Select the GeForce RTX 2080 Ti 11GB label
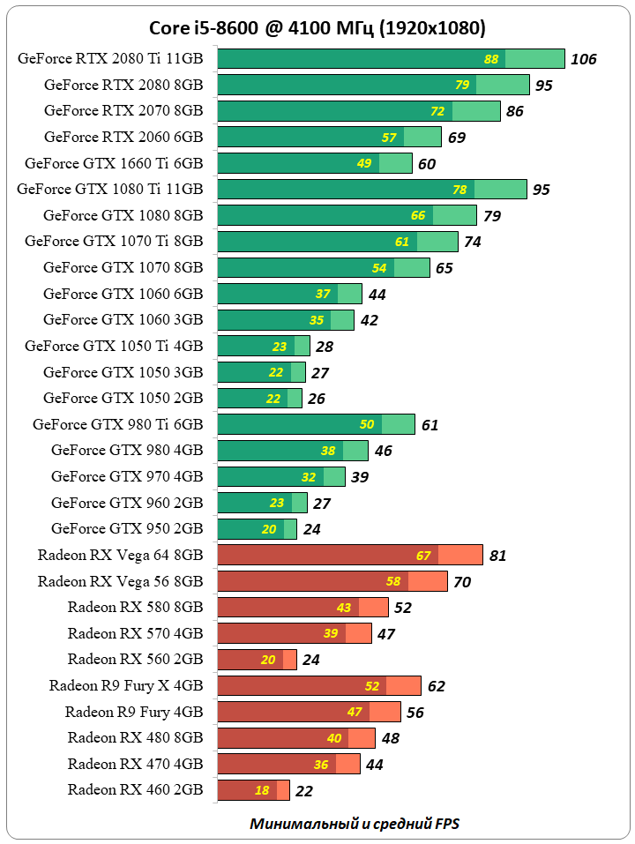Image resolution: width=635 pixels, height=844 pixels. point(109,59)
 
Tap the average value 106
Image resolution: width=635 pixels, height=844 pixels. point(584,60)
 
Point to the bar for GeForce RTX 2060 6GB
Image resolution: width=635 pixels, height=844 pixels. point(328,137)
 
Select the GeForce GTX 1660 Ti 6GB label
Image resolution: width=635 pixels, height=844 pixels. point(114,163)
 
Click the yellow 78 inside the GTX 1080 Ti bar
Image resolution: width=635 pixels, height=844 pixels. point(459,190)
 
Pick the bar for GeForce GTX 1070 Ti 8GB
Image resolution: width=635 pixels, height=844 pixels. point(337,242)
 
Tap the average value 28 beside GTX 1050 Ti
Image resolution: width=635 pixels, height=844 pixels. point(325,347)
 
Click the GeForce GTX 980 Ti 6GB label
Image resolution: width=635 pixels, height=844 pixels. point(117,424)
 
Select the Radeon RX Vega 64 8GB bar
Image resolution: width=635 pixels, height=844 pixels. point(349,555)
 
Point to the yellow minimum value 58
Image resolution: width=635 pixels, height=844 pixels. point(393,581)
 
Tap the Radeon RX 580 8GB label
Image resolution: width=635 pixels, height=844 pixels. point(135,607)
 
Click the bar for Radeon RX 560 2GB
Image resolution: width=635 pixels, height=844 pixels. point(257,660)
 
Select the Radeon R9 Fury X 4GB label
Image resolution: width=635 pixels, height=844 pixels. point(126,685)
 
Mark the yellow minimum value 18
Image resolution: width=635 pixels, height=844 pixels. point(262,790)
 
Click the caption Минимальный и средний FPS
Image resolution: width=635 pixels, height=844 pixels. point(355,824)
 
